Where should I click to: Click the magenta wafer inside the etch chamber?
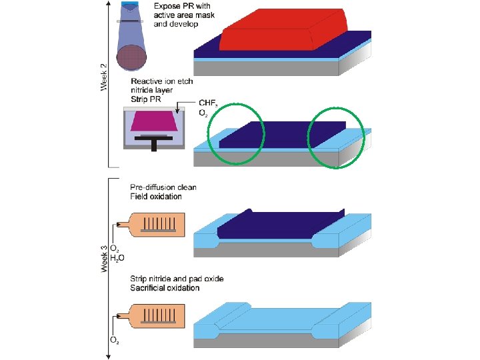pyautogui.click(x=157, y=121)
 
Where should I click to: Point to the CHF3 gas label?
pyautogui.click(x=208, y=105)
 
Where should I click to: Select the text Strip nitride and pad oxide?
pyautogui.click(x=176, y=279)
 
